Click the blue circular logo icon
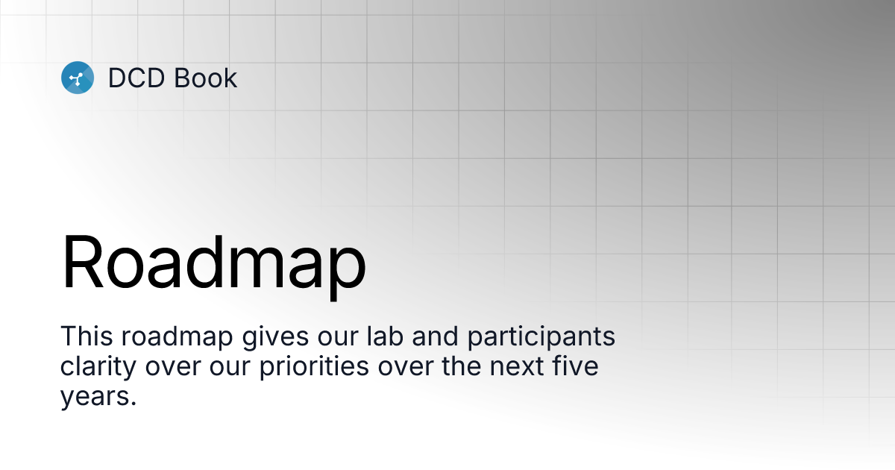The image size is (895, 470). [78, 78]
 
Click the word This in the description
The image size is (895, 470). [84, 336]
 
